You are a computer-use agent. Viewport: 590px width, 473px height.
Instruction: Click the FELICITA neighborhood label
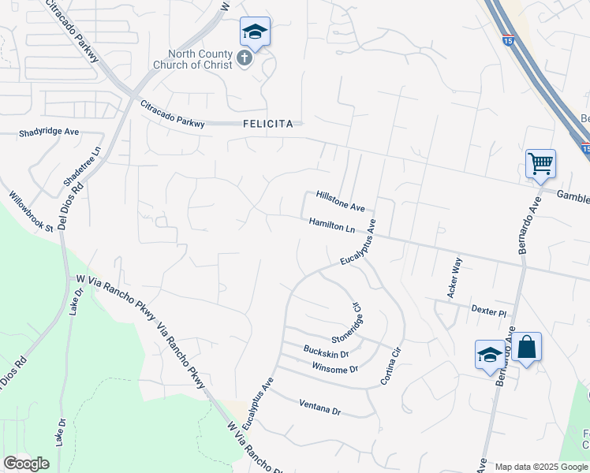click(268, 124)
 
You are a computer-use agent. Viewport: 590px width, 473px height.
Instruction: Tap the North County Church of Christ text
click(194, 60)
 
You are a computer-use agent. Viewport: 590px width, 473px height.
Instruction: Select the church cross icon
click(245, 58)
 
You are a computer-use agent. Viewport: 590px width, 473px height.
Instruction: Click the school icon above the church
click(255, 32)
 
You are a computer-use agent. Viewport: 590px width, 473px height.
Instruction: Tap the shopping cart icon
click(540, 164)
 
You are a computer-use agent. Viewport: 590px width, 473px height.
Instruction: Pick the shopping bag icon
click(526, 347)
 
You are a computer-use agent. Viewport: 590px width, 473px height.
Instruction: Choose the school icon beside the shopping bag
click(490, 355)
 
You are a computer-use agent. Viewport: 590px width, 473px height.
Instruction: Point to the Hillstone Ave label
click(340, 201)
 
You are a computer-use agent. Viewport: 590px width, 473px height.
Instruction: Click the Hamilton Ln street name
click(331, 226)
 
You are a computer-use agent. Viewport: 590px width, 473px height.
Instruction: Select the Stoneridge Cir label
click(346, 322)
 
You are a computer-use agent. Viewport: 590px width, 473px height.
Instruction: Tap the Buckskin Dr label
click(326, 351)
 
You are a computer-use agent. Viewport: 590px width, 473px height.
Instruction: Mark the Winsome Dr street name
click(335, 368)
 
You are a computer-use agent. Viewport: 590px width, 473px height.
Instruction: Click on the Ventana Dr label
click(319, 407)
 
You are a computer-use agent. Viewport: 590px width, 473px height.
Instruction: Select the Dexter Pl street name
click(487, 311)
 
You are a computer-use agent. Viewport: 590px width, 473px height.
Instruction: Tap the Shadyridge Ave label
click(49, 132)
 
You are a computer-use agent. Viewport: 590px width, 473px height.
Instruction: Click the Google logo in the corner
click(26, 463)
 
